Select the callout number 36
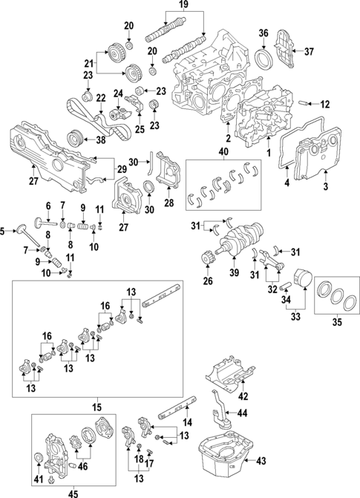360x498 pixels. coord(264,33)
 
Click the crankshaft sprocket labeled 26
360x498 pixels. coord(207,261)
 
